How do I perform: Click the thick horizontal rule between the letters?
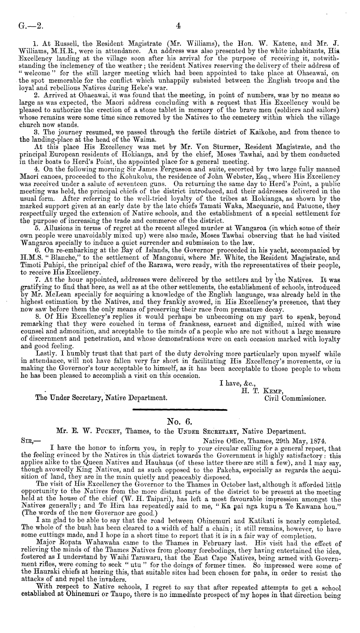click(180, 410)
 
